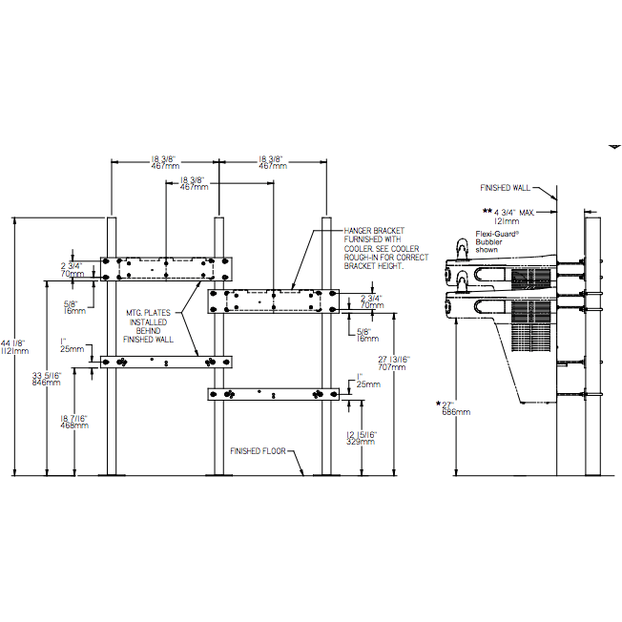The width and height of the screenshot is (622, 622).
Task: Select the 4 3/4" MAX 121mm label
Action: (x=508, y=215)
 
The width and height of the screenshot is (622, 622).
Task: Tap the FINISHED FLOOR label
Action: (x=259, y=450)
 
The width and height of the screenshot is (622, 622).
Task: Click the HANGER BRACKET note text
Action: (x=376, y=248)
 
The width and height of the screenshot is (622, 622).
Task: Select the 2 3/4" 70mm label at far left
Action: (x=72, y=268)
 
